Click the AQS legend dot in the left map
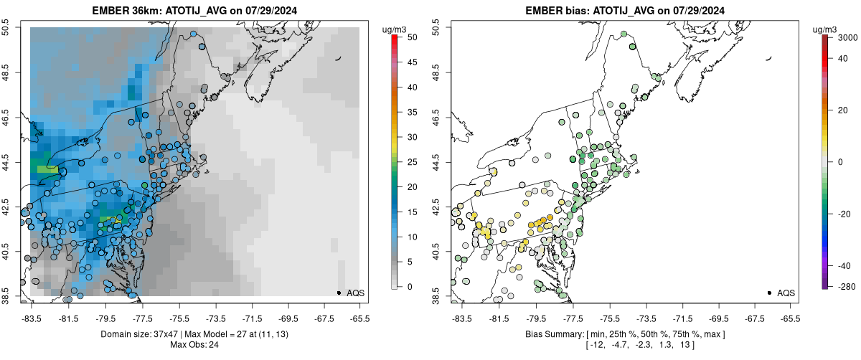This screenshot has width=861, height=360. [x=339, y=293]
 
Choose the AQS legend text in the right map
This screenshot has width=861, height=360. [x=786, y=293]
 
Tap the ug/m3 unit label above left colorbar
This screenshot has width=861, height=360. [x=397, y=29]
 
